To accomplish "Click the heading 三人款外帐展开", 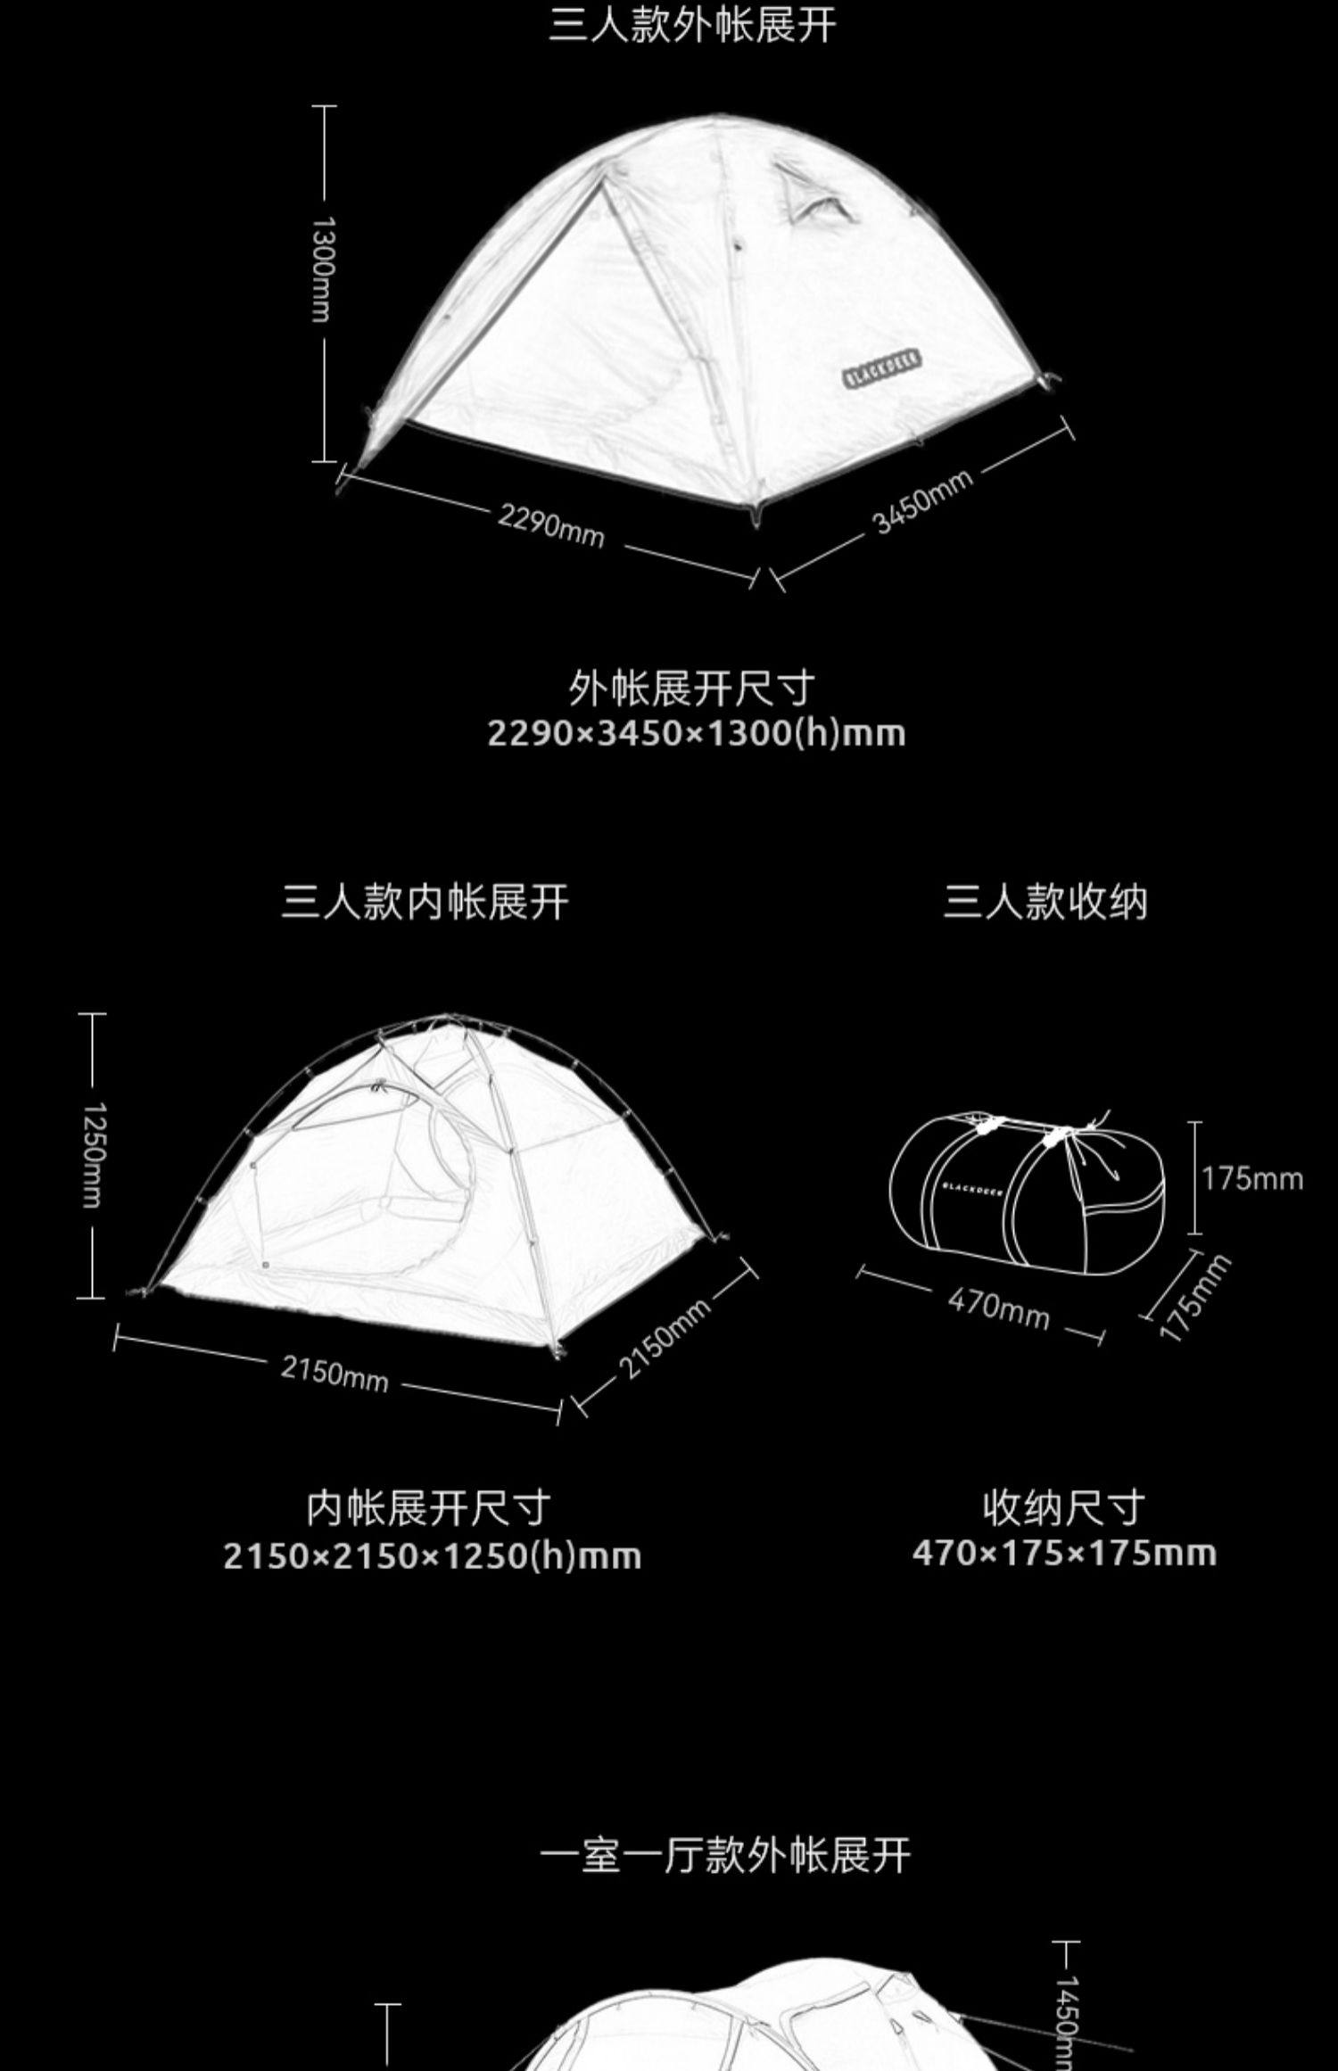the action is (692, 24).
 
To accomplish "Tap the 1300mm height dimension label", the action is (321, 268).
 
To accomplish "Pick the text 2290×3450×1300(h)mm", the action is (696, 733).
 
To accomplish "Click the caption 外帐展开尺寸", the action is (692, 688).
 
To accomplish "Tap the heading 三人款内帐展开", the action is (425, 902).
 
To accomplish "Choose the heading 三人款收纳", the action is (1045, 902).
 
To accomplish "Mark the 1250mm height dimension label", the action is (93, 1155).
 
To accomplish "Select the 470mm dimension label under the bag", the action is (998, 1308).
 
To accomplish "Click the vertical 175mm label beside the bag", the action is (1251, 1179).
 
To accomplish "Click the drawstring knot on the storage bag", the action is (1057, 1135).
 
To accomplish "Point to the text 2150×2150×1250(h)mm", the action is (432, 1556).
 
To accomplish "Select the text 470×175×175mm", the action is (1064, 1554).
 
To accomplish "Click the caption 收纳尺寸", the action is (1063, 1508).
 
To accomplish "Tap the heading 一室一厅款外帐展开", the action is (725, 1856).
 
